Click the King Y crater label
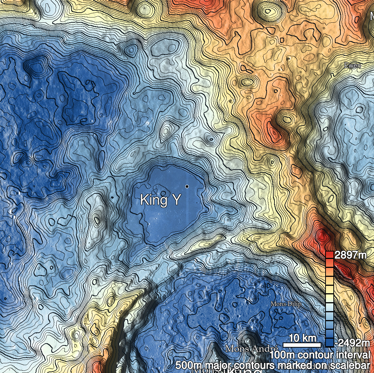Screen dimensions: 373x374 pyautogui.click(x=160, y=200)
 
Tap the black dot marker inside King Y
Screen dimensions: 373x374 pyautogui.click(x=187, y=186)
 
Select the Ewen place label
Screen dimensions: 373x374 pyautogui.click(x=352, y=66)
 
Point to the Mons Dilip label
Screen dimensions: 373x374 pyautogui.click(x=286, y=304)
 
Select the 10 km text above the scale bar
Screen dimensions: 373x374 pyautogui.click(x=302, y=338)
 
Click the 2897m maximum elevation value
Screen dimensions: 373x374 pyautogui.click(x=351, y=255)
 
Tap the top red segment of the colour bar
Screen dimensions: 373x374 pyautogui.click(x=329, y=255)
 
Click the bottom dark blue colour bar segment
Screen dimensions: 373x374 pyautogui.click(x=329, y=342)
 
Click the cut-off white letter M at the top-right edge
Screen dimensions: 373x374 pyautogui.click(x=371, y=15)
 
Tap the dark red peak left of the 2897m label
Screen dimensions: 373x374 pyautogui.click(x=321, y=236)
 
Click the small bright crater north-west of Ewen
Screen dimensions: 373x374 pyautogui.click(x=289, y=59)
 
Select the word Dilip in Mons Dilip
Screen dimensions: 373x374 pyautogui.click(x=293, y=304)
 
